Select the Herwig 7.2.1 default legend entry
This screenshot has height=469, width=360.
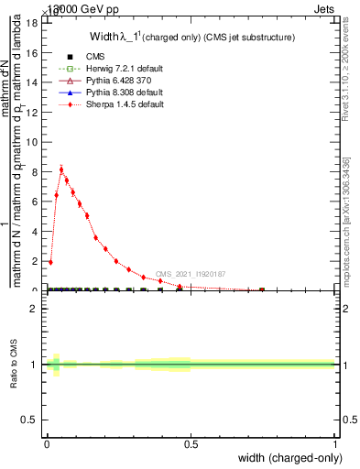click(x=108, y=69)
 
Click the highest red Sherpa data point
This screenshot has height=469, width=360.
click(x=61, y=169)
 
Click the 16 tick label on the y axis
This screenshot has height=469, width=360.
click(x=36, y=53)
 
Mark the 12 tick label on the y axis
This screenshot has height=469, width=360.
click(x=36, y=112)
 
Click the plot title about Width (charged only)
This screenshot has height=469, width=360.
click(x=192, y=38)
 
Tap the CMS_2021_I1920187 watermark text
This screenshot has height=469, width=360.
click(x=190, y=274)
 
